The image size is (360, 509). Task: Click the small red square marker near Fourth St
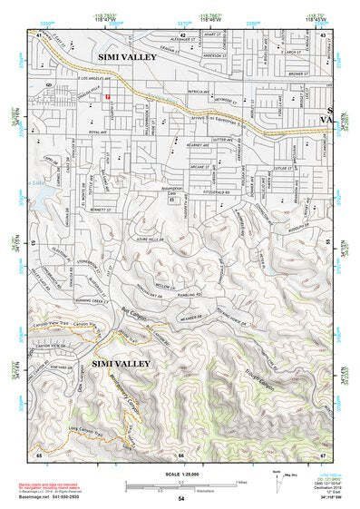click(x=107, y=97)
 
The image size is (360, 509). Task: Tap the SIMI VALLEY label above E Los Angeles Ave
click(x=127, y=57)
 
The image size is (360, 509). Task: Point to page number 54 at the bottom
click(x=180, y=499)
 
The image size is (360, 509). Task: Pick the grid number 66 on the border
click(x=180, y=455)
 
